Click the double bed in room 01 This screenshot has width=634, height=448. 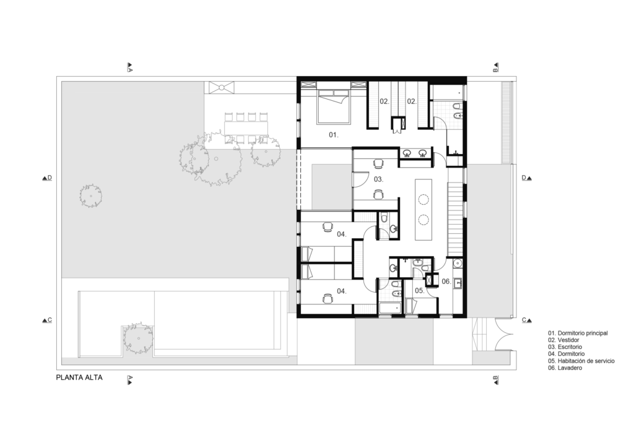[x=333, y=106]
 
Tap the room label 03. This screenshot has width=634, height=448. [x=378, y=179]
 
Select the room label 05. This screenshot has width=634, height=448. [x=419, y=290]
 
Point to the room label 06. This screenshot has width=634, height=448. [x=446, y=281]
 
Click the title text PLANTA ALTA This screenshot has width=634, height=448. [x=79, y=377]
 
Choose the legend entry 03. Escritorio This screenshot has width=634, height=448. [x=565, y=347]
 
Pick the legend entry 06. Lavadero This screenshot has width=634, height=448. [x=565, y=368]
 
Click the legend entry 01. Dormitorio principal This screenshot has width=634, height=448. [x=578, y=334]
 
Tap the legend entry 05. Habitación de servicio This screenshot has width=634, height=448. [x=581, y=361]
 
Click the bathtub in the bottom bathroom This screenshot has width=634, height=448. [x=391, y=308]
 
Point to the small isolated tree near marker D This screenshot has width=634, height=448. [x=90, y=196]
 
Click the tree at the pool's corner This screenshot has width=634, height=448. [x=138, y=336]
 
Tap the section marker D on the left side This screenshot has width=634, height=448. [x=47, y=178]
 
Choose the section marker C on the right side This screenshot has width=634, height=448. [x=526, y=320]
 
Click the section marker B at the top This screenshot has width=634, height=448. [x=495, y=67]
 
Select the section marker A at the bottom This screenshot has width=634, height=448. [x=130, y=380]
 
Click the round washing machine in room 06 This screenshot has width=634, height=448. [x=458, y=264]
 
